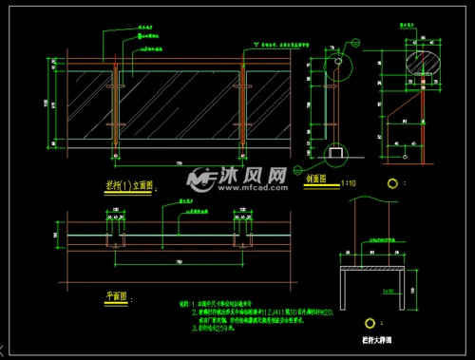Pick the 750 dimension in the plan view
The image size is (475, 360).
pyautogui.click(x=180, y=260)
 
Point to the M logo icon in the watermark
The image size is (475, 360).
pyautogui.click(x=200, y=179)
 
